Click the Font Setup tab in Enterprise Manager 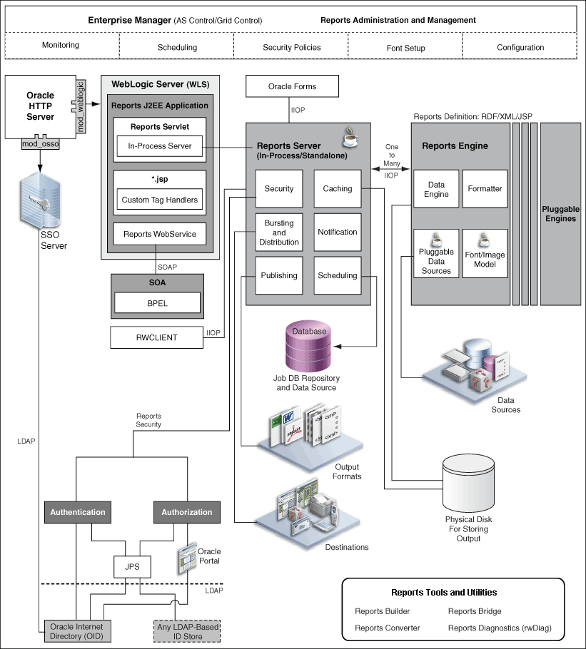point(405,48)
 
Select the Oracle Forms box point(292,87)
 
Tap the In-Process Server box point(158,147)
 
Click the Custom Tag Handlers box point(158,200)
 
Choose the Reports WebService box point(158,234)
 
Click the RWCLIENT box point(157,337)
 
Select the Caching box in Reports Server point(337,189)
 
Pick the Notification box point(337,232)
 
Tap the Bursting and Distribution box point(278,232)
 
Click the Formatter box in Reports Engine point(485,189)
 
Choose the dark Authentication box point(77,512)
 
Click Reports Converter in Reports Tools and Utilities point(387,628)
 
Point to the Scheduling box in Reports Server point(337,276)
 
